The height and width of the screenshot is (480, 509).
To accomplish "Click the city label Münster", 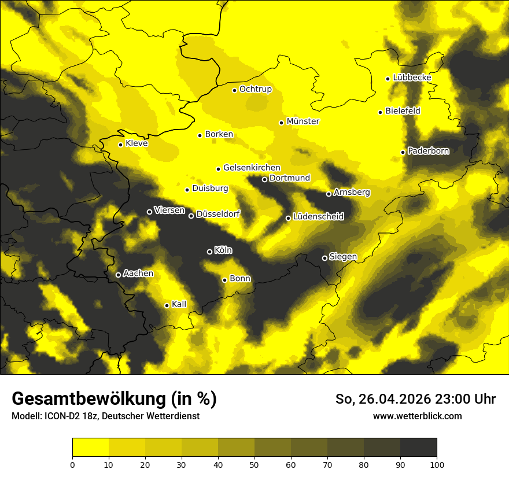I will pyautogui.click(x=303, y=121).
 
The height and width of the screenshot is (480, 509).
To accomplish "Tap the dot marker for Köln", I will pyautogui.click(x=209, y=252).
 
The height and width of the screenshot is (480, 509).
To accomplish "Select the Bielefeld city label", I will pyautogui.click(x=403, y=110).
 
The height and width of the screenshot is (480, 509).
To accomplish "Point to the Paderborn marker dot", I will pyautogui.click(x=403, y=152).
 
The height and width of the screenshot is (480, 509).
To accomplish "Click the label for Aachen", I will pyautogui.click(x=138, y=274).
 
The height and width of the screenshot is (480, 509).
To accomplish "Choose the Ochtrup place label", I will pyautogui.click(x=255, y=89).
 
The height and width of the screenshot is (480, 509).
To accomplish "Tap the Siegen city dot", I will pyautogui.click(x=324, y=258).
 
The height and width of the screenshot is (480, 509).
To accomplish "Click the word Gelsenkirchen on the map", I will pyautogui.click(x=252, y=168).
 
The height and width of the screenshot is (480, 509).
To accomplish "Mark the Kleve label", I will pyautogui.click(x=137, y=143).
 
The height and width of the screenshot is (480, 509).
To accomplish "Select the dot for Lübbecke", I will pyautogui.click(x=388, y=79).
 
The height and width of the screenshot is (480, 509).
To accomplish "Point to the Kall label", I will pyautogui.click(x=179, y=304).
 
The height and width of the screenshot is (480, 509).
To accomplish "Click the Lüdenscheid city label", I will pyautogui.click(x=318, y=217).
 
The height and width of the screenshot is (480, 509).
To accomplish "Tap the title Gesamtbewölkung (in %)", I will pyautogui.click(x=114, y=399).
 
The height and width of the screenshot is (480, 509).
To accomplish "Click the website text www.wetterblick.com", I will pyautogui.click(x=417, y=416).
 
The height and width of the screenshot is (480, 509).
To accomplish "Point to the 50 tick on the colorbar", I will pyautogui.click(x=254, y=464).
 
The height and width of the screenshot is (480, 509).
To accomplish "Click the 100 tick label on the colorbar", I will pyautogui.click(x=437, y=464).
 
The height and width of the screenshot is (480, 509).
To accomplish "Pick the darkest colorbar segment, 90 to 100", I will pyautogui.click(x=418, y=448).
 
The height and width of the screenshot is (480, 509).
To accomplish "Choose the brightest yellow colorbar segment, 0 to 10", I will pyautogui.click(x=90, y=448).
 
